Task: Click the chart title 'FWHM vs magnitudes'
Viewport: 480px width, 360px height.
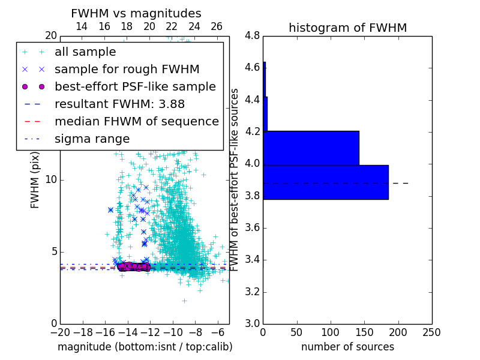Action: [x=136, y=13]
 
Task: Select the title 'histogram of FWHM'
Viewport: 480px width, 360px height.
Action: [x=347, y=28]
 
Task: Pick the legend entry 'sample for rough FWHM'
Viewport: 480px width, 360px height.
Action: [x=127, y=69]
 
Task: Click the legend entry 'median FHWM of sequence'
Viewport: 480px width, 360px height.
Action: [x=136, y=121]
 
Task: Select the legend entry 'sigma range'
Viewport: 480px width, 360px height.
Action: [x=92, y=139]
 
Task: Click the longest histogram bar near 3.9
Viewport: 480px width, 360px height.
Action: [x=325, y=182]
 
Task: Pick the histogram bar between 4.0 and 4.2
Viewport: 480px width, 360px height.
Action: [x=311, y=148]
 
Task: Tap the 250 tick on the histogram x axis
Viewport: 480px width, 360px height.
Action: [x=431, y=332]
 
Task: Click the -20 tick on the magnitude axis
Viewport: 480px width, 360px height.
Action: [x=60, y=332]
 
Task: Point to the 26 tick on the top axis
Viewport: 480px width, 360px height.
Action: [x=217, y=26]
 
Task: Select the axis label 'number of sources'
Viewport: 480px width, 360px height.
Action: [x=347, y=347]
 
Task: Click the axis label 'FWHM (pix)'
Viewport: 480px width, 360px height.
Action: [x=35, y=184]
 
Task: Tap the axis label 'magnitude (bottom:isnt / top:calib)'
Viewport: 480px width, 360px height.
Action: [x=145, y=347]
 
